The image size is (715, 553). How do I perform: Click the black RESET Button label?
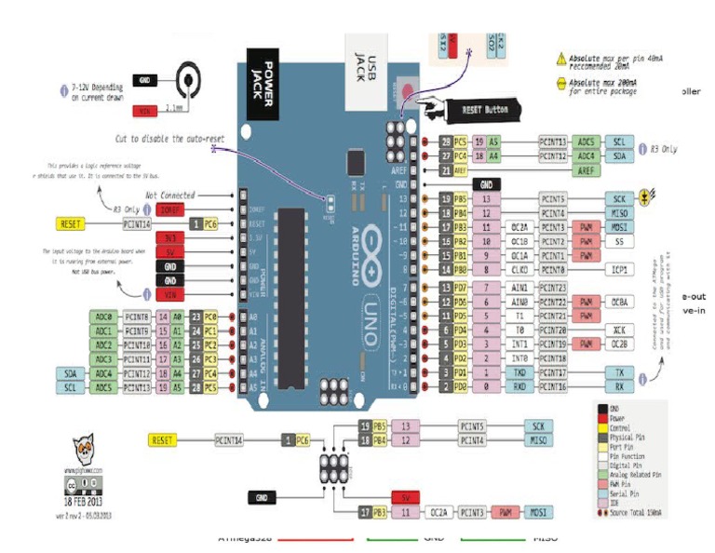(x=485, y=109)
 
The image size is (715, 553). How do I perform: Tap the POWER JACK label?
(x=262, y=80)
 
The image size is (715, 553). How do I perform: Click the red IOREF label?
(x=169, y=209)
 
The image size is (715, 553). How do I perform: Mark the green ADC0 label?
(x=103, y=317)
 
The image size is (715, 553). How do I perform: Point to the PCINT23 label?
(x=552, y=289)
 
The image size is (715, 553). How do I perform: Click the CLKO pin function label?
(x=520, y=270)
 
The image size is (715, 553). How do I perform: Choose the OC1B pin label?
(x=520, y=241)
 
